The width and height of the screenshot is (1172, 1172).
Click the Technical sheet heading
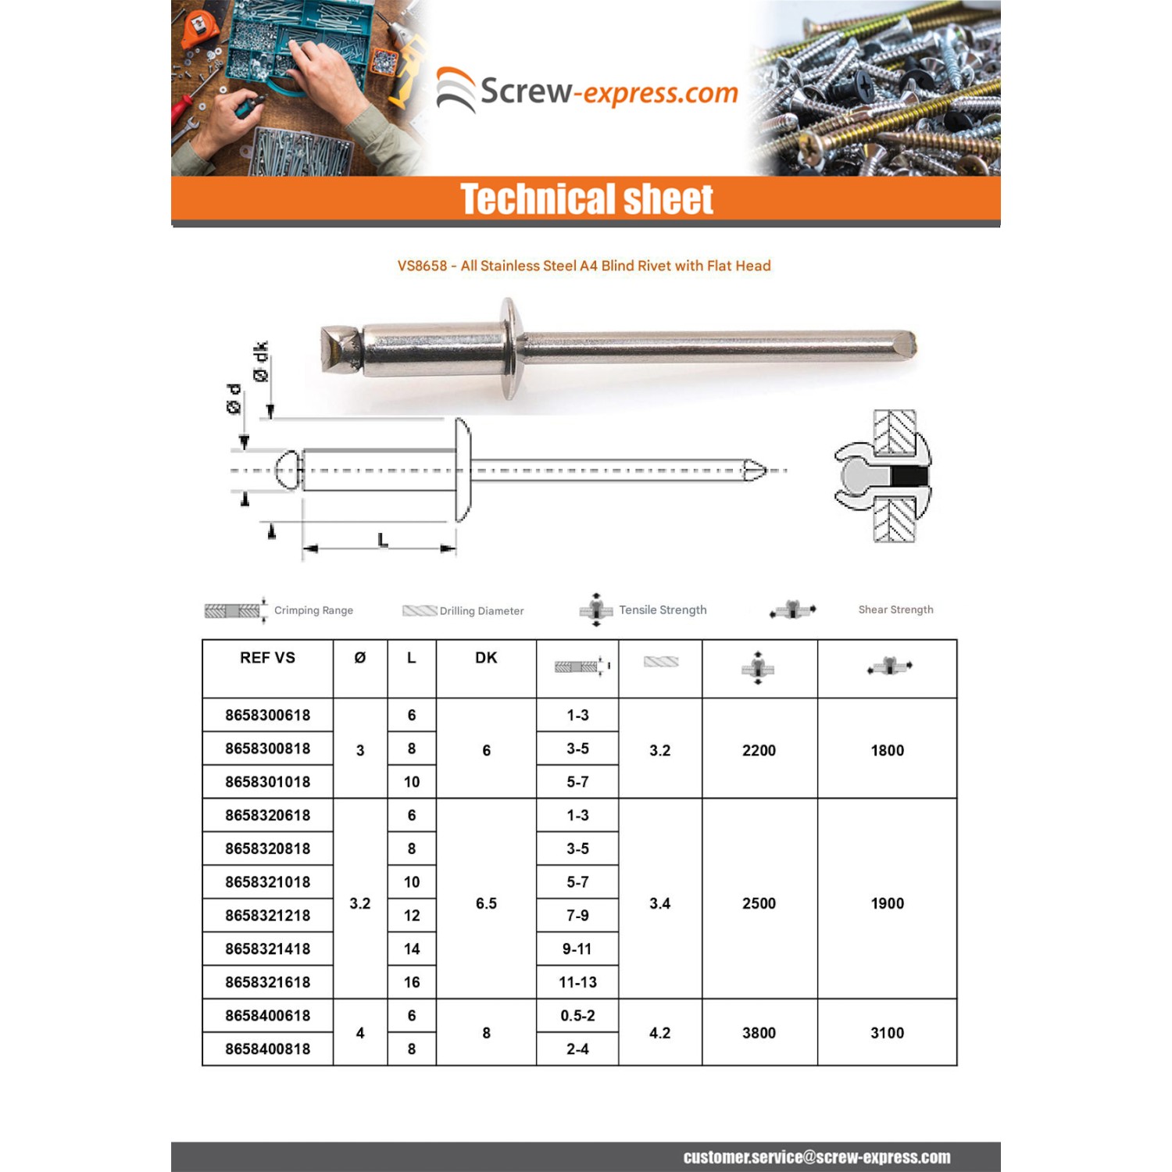586,199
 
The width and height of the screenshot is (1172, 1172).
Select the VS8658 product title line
584,266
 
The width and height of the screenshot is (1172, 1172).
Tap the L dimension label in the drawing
382,540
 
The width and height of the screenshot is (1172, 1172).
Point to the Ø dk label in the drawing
260,362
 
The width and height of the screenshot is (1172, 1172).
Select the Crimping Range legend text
313,610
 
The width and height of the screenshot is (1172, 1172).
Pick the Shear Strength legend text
895,609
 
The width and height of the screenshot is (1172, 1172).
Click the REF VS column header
267,658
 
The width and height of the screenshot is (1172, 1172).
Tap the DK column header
486,658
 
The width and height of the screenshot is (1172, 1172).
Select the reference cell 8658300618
267,715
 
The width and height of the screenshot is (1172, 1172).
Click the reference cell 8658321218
267,915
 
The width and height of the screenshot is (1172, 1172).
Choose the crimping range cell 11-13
577,982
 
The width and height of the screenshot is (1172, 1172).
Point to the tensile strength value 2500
759,903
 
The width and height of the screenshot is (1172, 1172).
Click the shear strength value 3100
887,1033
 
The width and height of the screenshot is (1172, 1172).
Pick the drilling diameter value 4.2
659,1033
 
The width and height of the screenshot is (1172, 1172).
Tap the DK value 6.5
486,903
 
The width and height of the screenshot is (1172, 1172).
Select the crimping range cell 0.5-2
577,1016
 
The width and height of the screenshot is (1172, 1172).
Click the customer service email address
816,1157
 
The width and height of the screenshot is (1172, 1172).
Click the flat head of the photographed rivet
510,348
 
